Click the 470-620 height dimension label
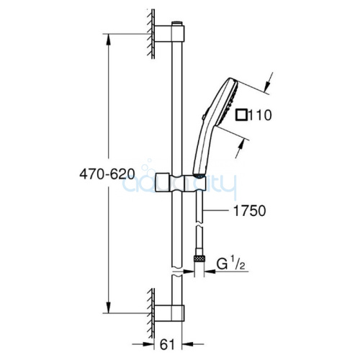tap(107, 174)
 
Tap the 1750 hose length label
tap(250, 211)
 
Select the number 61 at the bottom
tap(167, 345)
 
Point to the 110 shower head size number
tap(260, 114)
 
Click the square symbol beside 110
tap(241, 114)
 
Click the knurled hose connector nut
tap(199, 259)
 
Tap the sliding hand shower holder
tap(181, 182)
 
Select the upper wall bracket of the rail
tap(169, 33)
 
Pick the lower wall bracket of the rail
tap(169, 313)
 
